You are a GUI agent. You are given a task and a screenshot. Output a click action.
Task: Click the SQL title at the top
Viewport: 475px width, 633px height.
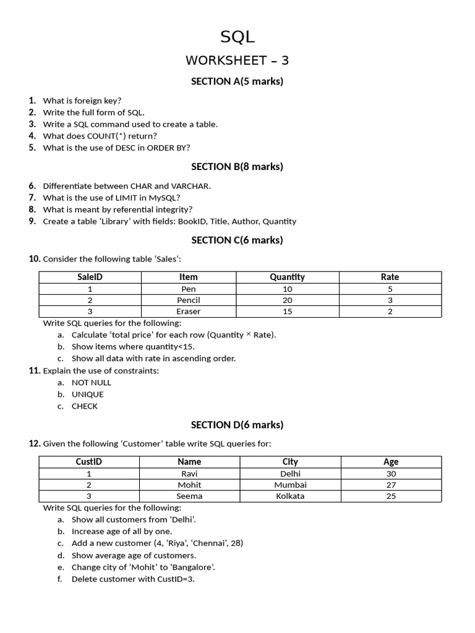point(237,37)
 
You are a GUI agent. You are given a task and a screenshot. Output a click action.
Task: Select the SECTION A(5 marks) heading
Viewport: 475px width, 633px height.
point(237,81)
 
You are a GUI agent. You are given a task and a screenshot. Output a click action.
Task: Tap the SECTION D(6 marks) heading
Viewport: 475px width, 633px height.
point(237,425)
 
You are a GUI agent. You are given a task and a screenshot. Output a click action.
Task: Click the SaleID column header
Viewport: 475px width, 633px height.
point(90,277)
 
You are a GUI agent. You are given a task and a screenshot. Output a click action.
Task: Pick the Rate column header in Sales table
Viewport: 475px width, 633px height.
point(390,277)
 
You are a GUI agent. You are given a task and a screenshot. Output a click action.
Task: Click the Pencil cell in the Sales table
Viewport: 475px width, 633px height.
point(189,300)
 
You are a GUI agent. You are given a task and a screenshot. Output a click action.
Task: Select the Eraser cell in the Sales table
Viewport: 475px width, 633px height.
point(189,312)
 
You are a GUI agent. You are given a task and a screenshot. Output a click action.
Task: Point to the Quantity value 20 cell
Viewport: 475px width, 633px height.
point(287,300)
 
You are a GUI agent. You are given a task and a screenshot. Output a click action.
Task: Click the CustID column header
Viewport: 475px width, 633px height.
point(89,462)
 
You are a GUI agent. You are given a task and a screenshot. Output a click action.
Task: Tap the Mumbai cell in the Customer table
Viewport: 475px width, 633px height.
point(290,485)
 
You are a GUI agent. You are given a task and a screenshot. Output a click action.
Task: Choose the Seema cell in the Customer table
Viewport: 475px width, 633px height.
point(189,496)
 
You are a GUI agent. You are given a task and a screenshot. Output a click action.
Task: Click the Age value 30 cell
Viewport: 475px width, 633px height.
point(391,474)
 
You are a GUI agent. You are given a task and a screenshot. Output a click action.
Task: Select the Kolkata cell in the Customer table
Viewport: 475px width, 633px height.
point(290,496)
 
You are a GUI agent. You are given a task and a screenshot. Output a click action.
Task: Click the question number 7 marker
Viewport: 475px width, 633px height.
point(32,198)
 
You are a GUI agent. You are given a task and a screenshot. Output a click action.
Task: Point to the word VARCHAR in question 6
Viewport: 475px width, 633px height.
point(191,186)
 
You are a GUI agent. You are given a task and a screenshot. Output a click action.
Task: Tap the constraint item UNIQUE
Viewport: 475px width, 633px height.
point(88,394)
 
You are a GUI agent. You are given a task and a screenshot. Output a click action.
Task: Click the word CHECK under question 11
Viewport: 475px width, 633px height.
point(85,406)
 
